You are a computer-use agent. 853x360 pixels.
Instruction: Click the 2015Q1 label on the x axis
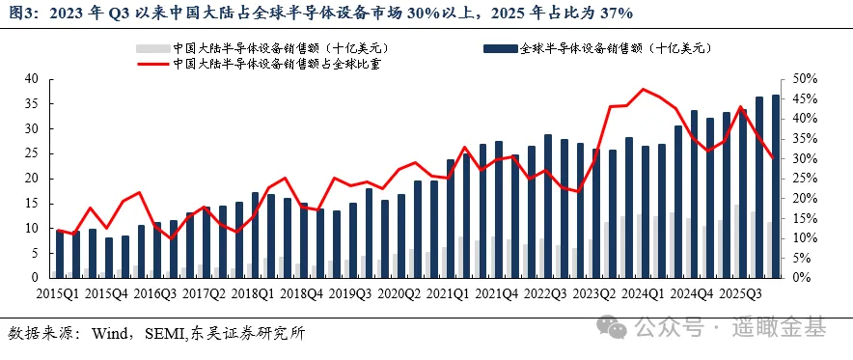point(57,294)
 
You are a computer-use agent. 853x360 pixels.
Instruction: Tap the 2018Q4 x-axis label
point(302,294)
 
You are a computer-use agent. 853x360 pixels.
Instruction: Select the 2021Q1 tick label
point(449,294)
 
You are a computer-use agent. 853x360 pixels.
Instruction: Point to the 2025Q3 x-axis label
point(740,294)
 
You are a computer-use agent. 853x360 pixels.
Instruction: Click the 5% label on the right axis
point(802,258)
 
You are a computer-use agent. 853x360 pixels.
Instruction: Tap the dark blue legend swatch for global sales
point(501,49)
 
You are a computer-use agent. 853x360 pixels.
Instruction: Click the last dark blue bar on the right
point(776,186)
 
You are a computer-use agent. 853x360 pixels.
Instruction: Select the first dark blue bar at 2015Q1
point(59,254)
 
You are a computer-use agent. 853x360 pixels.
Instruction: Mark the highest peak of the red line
point(644,89)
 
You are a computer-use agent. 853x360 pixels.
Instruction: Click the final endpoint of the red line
point(772,158)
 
